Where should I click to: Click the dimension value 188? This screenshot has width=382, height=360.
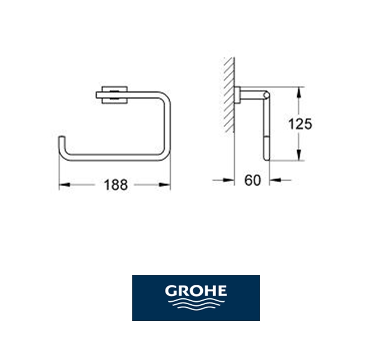point(116,184)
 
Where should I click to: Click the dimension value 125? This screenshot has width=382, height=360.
point(300,124)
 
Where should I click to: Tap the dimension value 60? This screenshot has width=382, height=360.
point(253,180)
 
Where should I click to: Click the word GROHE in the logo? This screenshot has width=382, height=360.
point(196,291)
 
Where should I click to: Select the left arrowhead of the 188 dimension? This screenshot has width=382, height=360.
point(65,184)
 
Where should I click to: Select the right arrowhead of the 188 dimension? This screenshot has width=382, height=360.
point(165,184)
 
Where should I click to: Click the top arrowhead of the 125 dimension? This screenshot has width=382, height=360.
point(300,93)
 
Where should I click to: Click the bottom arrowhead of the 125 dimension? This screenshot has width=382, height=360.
point(300,155)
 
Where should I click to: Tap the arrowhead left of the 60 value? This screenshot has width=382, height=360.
point(228,180)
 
